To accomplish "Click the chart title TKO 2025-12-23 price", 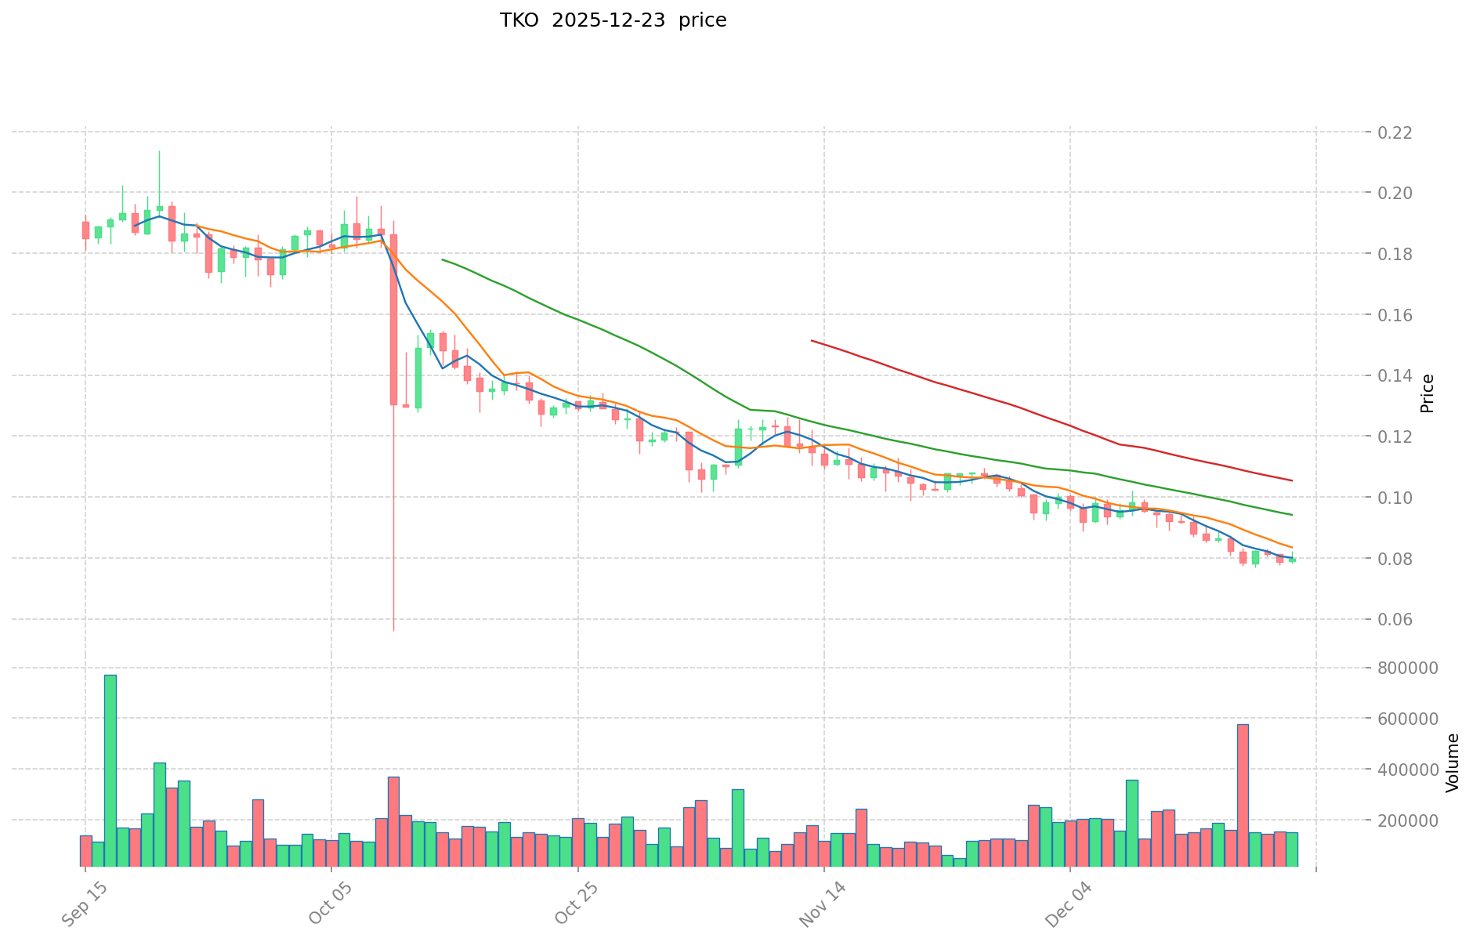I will [613, 20].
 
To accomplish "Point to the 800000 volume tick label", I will [1410, 668].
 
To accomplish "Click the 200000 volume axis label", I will [1410, 821].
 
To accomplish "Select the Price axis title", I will [1427, 393].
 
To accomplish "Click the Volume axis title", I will [1452, 763].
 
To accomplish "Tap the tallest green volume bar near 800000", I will [110, 770].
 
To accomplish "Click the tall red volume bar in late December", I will [1243, 795].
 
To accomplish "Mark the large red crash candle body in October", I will [393, 319].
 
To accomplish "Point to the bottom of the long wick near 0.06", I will [393, 630].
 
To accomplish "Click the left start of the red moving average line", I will [812, 341].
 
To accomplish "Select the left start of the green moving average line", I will [443, 259].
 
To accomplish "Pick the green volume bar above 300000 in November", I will [738, 827].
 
